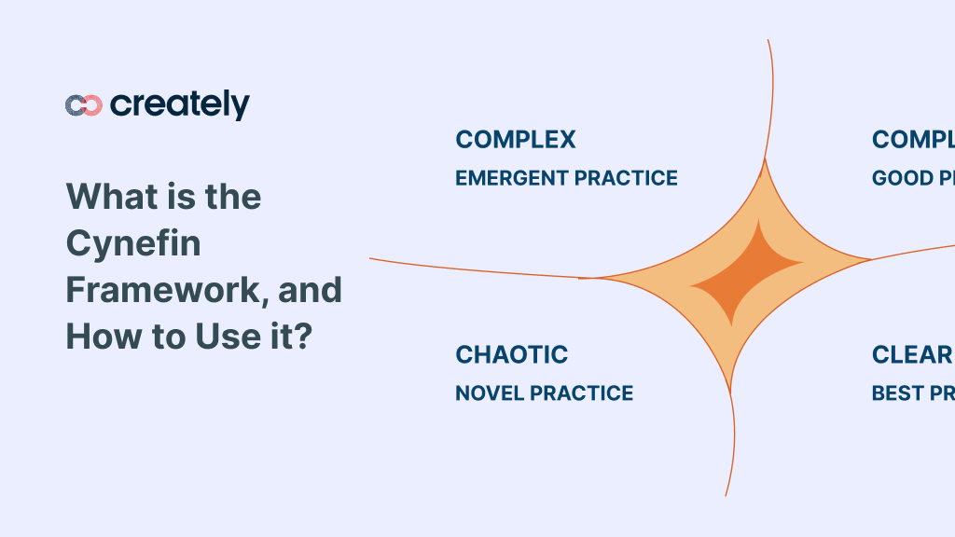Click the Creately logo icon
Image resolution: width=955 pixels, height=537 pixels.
pos(83,105)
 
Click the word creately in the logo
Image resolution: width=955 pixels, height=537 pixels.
pos(180,104)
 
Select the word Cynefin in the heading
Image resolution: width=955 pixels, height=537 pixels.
pos(133,244)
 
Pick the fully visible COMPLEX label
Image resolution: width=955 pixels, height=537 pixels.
pos(516,140)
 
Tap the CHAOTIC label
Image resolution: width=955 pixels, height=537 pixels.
pos(511,355)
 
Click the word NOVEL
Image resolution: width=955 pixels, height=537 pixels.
pos(489,393)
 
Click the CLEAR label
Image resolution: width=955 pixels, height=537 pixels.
pos(911,355)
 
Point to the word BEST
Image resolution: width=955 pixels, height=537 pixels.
pos(894,393)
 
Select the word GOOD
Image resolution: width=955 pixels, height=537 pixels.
pos(896,178)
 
